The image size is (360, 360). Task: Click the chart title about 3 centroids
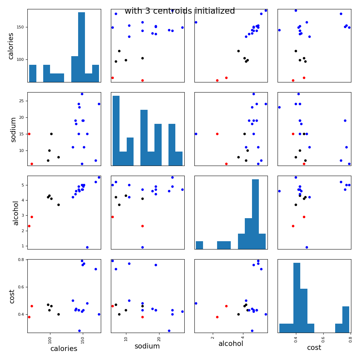pyautogui.click(x=180, y=11)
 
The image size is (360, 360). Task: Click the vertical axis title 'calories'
pyautogui.click(x=11, y=46)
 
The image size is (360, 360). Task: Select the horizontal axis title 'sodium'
pyautogui.click(x=147, y=346)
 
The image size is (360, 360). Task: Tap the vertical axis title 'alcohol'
pyautogui.click(x=16, y=213)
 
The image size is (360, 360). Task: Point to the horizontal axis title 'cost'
pyautogui.click(x=314, y=348)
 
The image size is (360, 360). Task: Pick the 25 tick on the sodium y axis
pyautogui.click(x=22, y=101)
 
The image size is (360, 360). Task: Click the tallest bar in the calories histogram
pyautogui.click(x=81, y=47)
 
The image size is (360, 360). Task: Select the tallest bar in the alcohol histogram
pyautogui.click(x=255, y=214)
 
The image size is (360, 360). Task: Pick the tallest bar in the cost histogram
pyautogui.click(x=297, y=297)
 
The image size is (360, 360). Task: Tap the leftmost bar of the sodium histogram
pyautogui.click(x=116, y=130)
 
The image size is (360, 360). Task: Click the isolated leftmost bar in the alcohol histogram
pyautogui.click(x=199, y=245)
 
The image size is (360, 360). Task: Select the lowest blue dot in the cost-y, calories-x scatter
pyautogui.click(x=80, y=331)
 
